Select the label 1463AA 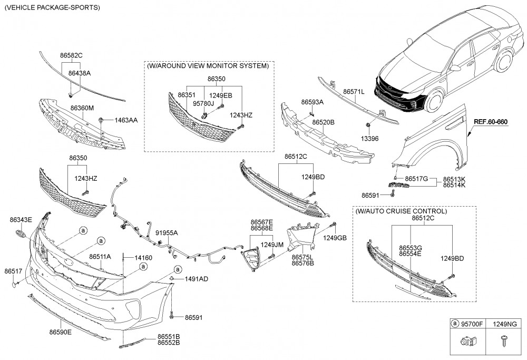point(126,120)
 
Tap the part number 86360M point(82,108)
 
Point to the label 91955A point(167,232)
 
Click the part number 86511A point(100,256)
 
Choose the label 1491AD point(196,278)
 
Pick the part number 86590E point(61,332)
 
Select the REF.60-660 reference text point(490,122)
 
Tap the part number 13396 point(369,139)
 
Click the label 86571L point(354,91)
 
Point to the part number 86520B point(323,122)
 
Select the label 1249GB point(335,238)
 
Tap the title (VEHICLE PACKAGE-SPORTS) point(52,8)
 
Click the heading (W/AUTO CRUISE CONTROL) point(401,211)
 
